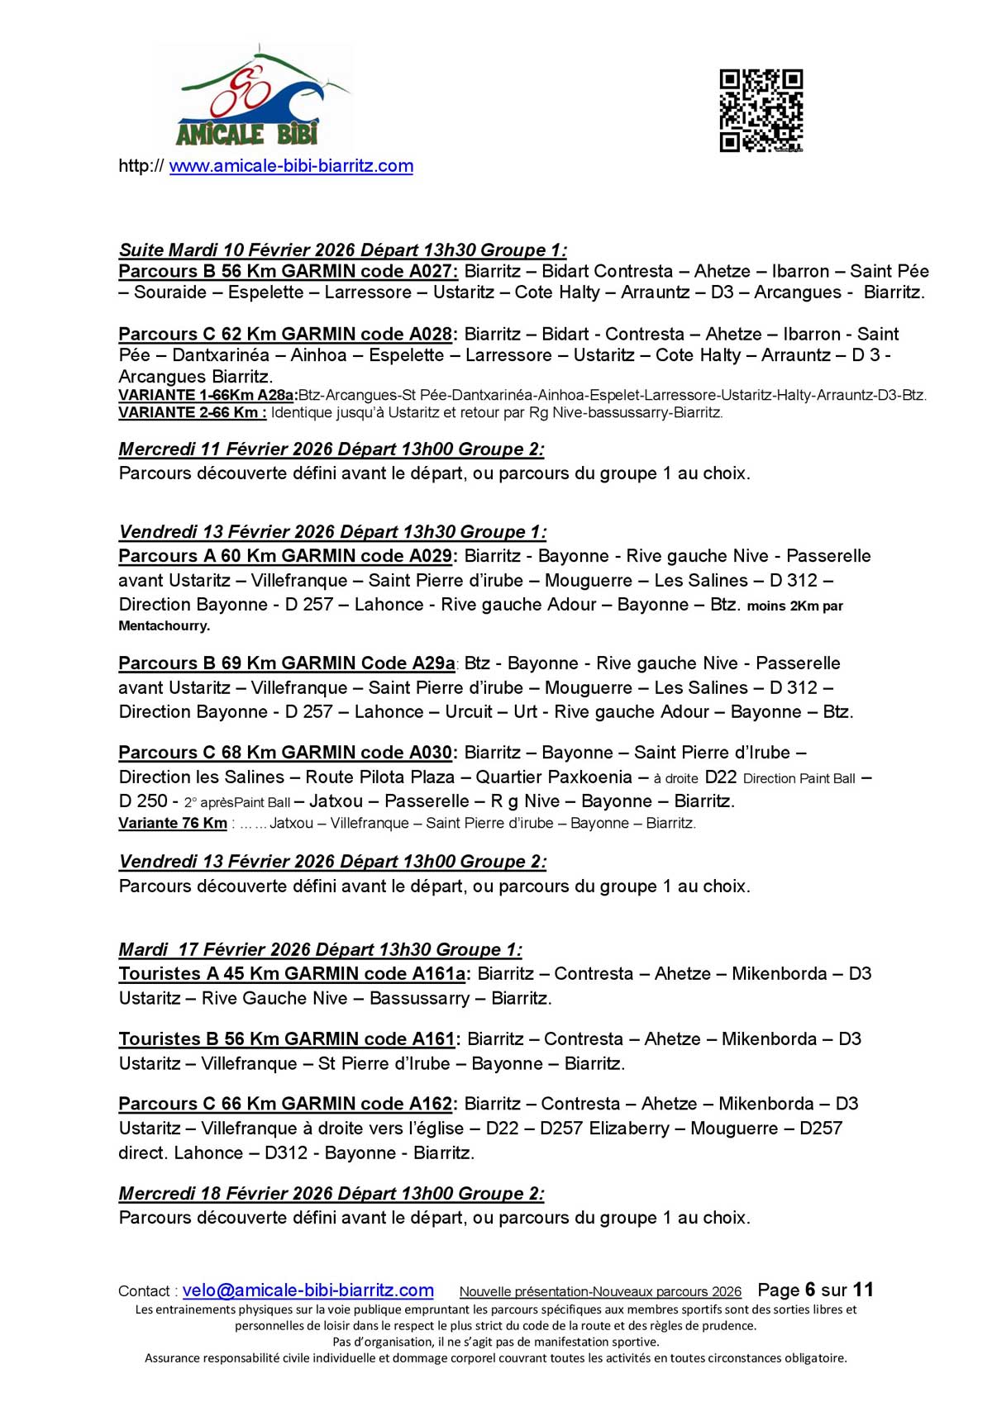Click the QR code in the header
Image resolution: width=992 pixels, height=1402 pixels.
[761, 111]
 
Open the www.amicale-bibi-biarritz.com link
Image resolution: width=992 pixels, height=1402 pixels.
[291, 166]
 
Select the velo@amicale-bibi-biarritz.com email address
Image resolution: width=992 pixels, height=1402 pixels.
[308, 1290]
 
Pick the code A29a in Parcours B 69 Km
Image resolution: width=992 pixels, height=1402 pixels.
[433, 663]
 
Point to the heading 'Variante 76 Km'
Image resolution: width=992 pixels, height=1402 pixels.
[173, 823]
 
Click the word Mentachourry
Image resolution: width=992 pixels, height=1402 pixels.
[164, 626]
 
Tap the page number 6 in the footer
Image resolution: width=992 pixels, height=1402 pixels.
[810, 1290]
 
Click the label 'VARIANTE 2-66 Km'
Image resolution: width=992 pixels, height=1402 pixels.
[192, 412]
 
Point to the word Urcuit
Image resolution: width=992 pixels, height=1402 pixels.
[469, 712]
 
